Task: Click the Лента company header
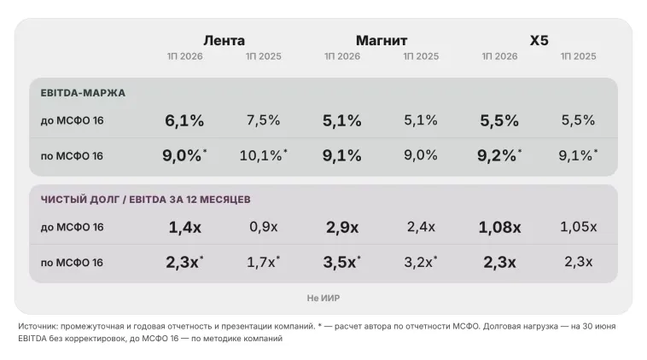224,40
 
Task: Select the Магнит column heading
382,40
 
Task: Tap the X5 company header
539,40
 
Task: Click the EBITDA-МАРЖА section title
83,93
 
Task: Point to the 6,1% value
184,120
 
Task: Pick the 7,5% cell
263,120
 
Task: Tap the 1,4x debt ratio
185,227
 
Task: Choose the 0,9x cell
263,227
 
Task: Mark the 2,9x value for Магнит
342,227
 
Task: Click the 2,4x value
421,227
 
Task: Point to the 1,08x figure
499,227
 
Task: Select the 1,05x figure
578,227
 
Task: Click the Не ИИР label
323,298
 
